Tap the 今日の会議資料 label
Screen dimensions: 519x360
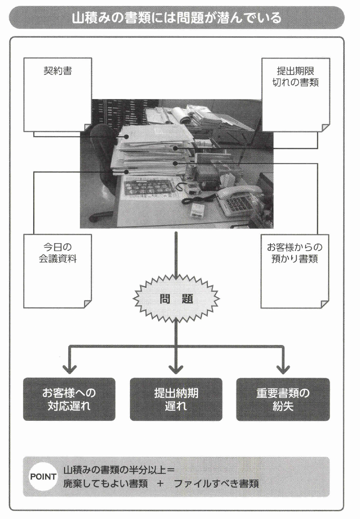coord(58,253)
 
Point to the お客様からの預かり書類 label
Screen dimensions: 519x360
coord(295,253)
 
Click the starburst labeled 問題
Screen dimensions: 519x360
coord(176,299)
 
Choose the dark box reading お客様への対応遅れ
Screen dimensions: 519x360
coord(69,399)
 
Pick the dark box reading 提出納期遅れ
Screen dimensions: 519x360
coord(176,399)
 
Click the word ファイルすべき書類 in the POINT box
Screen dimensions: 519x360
coord(216,483)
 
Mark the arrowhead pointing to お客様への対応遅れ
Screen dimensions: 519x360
coord(69,368)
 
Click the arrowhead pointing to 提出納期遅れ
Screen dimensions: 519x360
coord(176,368)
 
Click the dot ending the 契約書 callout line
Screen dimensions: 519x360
coord(126,137)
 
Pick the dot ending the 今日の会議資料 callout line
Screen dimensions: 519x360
coord(126,171)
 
